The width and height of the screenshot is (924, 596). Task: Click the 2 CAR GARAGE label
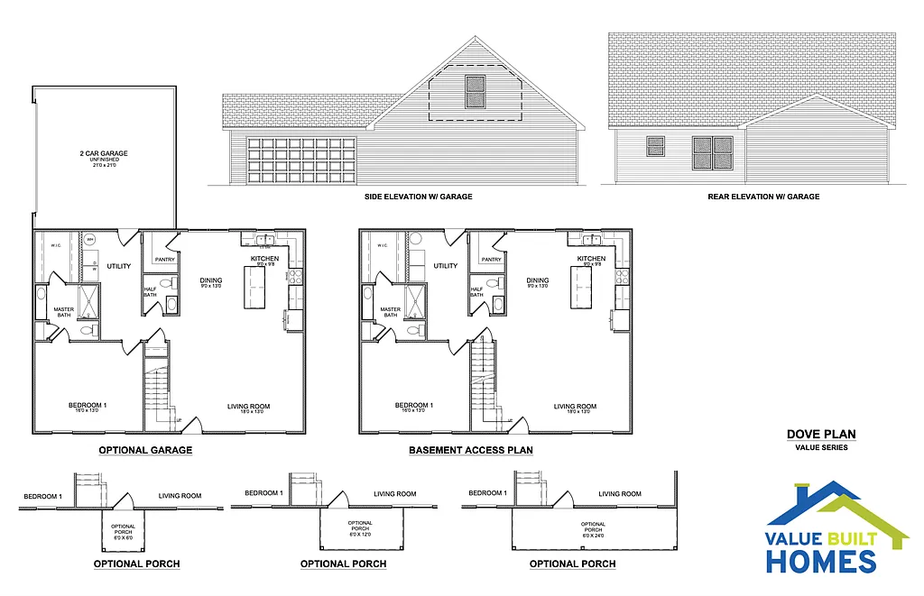[x=103, y=154]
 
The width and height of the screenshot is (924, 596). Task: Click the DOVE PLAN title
[x=821, y=435]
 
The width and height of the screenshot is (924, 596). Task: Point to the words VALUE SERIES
[x=821, y=447]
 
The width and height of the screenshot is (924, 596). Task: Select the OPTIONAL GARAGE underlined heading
[x=145, y=450]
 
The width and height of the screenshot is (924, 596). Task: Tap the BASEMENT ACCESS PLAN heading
[x=471, y=450]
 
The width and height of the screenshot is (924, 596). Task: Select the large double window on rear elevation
[x=713, y=152]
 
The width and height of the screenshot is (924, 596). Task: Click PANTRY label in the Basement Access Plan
[x=491, y=260]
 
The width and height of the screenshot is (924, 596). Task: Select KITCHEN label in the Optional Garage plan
[x=264, y=259]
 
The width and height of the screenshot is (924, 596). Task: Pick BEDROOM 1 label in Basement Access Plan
[x=414, y=406]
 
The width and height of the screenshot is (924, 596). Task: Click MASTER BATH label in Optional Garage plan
[x=63, y=311]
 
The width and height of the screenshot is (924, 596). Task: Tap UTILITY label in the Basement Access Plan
[x=446, y=266]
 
